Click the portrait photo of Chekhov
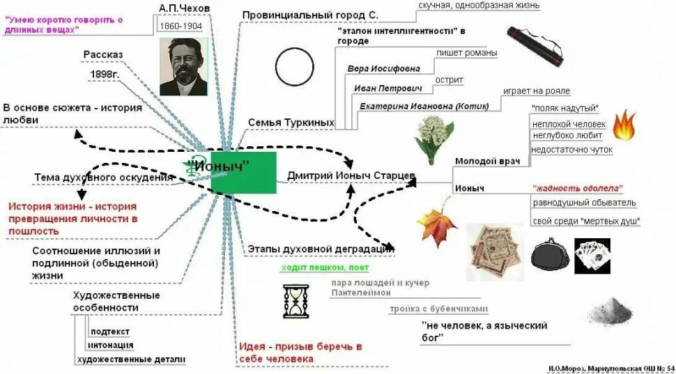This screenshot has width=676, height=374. tap(183, 66)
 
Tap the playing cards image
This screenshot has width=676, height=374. tap(592, 256)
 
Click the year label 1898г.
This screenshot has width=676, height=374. tap(105, 74)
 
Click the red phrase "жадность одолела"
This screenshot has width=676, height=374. tap(577, 188)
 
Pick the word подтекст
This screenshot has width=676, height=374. tap(110, 331)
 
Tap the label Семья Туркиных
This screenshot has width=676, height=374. tap(291, 123)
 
